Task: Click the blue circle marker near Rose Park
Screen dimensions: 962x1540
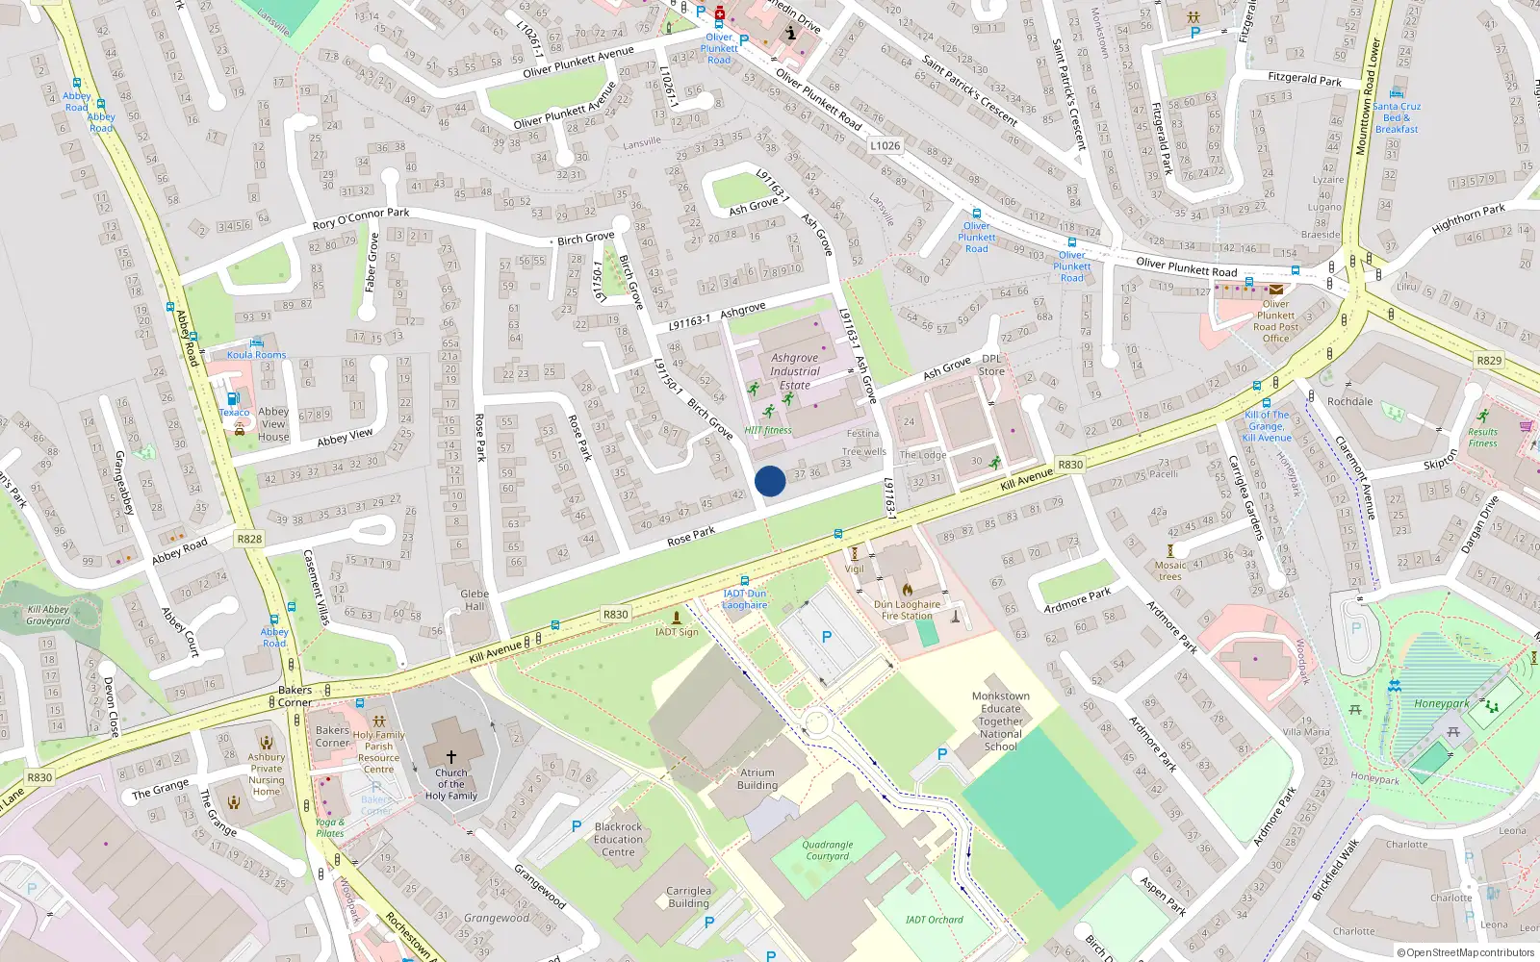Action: pyautogui.click(x=770, y=481)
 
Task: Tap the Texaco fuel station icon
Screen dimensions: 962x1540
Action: pyautogui.click(x=233, y=398)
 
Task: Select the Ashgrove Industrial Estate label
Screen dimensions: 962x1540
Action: pyautogui.click(x=795, y=371)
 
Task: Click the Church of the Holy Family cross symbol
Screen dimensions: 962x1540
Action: pyautogui.click(x=450, y=756)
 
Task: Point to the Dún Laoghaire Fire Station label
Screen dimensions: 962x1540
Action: pyautogui.click(x=907, y=610)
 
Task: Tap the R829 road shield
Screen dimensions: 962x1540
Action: pyautogui.click(x=1488, y=360)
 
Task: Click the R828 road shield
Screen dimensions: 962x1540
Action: pyautogui.click(x=249, y=539)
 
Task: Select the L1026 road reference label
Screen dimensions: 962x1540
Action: pyautogui.click(x=885, y=146)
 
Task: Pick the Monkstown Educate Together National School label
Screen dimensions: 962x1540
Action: pyautogui.click(x=1000, y=721)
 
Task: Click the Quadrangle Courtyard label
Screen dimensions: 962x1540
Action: pyautogui.click(x=828, y=850)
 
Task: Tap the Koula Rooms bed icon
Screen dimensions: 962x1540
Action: pyautogui.click(x=256, y=342)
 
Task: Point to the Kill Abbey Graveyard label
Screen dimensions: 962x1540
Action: pyautogui.click(x=48, y=615)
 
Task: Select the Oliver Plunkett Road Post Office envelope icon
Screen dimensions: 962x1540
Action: pyautogui.click(x=1275, y=289)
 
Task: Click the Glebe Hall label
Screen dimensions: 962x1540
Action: pyautogui.click(x=475, y=600)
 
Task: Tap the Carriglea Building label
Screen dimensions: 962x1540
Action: pyautogui.click(x=688, y=897)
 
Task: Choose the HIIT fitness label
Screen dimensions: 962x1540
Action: pyautogui.click(x=768, y=430)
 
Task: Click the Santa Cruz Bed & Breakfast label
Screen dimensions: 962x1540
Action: pyautogui.click(x=1397, y=117)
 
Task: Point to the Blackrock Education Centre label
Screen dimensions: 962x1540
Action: pyautogui.click(x=618, y=839)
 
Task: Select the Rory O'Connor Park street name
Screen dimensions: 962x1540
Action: pyautogui.click(x=361, y=218)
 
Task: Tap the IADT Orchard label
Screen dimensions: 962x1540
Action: pyautogui.click(x=934, y=920)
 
